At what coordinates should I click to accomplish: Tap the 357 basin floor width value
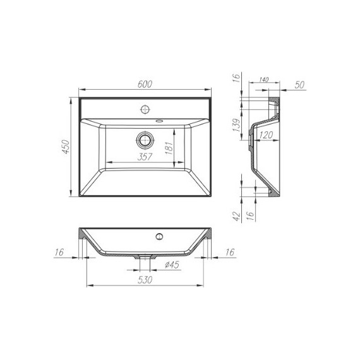pyautogui.click(x=145, y=158)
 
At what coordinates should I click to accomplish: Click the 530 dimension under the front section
pyautogui.click(x=146, y=280)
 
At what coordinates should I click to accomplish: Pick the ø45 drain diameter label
pyautogui.click(x=172, y=265)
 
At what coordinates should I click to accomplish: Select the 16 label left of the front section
pyautogui.click(x=60, y=252)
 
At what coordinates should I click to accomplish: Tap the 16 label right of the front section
pyautogui.click(x=229, y=252)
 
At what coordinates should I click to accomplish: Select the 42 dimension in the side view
pyautogui.click(x=235, y=217)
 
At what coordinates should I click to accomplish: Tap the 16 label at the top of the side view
pyautogui.click(x=235, y=78)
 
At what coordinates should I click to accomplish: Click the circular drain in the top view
pyautogui.click(x=145, y=138)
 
